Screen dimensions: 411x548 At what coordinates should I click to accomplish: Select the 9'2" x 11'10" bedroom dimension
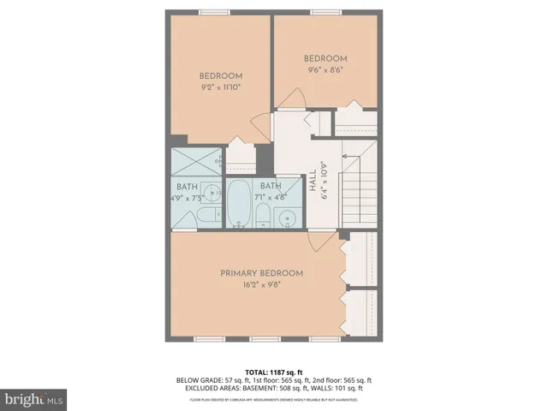click(x=221, y=86)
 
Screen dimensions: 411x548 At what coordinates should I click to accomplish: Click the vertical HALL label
click(x=313, y=185)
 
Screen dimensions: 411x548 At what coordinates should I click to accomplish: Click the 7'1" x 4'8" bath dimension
click(x=271, y=198)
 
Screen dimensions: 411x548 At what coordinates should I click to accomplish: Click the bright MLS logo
click(x=35, y=398)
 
